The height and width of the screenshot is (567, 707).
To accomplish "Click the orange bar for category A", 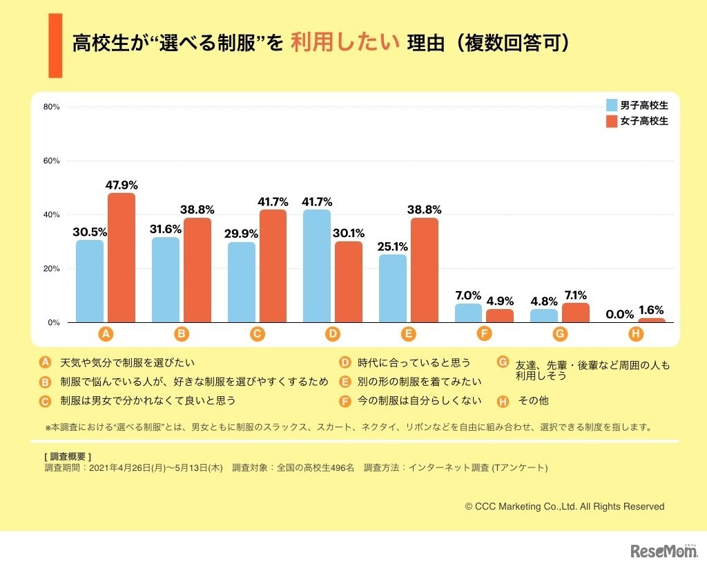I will pos(122,257).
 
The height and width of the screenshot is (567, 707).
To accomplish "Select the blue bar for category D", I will pos(317,266).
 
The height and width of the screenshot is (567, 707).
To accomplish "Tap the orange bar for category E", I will pos(425,270).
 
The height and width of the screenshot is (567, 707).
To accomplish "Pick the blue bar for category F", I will pos(468,313).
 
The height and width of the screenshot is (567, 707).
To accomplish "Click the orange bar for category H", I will pos(651,320).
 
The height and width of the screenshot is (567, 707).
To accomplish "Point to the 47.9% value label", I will pos(122,185).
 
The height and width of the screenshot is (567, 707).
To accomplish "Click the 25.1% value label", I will pos(393,247).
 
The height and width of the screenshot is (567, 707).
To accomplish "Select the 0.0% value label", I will pos(619,314).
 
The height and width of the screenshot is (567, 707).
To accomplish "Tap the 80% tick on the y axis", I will pos(52,106).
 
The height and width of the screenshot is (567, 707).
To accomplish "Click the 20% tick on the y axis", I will pos(52,268).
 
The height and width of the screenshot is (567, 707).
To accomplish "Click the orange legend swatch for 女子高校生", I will pos(612,121).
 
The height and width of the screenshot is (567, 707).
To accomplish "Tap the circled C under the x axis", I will pos(257,334).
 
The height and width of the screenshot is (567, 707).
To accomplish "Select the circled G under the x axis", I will pos(560,334).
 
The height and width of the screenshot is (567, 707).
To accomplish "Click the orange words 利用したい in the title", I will pos(345,44).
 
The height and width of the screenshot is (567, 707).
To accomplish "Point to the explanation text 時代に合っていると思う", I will pos(413,362).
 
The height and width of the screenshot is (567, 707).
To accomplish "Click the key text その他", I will pos(533,400).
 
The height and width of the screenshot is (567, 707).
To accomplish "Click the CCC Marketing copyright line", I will pos(565,506).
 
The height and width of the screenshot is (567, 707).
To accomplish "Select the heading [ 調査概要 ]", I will pos(67,456).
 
